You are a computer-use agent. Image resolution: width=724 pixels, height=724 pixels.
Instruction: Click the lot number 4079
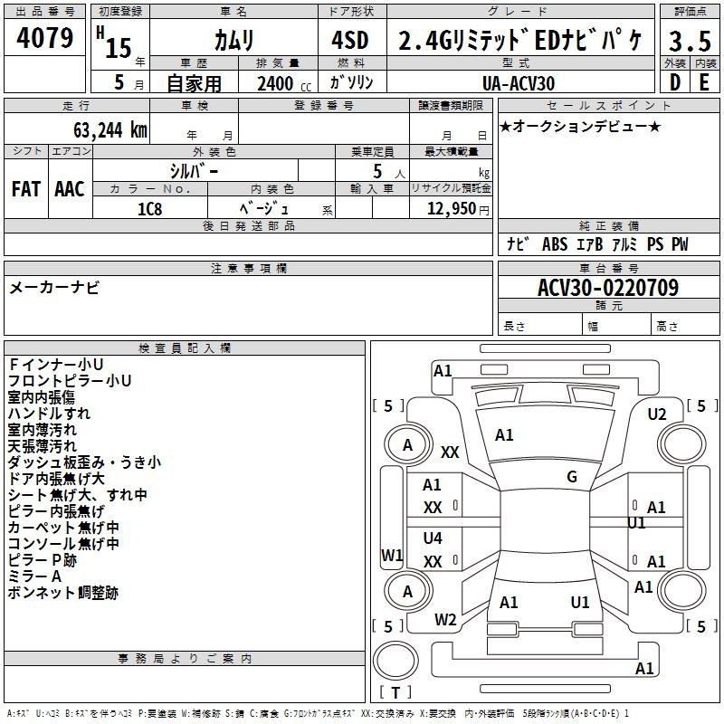[45, 39]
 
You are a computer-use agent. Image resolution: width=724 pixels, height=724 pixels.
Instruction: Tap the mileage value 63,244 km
[100, 129]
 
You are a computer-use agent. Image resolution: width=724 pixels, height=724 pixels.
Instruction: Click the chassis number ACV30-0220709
[608, 288]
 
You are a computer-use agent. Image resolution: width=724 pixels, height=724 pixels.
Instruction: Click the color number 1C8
[149, 208]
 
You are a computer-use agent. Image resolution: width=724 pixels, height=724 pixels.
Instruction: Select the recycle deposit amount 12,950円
[452, 208]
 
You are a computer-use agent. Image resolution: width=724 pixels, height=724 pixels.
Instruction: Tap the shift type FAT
[26, 189]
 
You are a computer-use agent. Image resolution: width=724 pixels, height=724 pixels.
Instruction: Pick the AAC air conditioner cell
[70, 189]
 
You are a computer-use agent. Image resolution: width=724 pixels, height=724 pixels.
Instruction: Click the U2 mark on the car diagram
[657, 414]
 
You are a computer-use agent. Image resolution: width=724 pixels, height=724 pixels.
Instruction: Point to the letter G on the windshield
[572, 477]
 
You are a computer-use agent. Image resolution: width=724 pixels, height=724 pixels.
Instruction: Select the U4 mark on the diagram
[433, 538]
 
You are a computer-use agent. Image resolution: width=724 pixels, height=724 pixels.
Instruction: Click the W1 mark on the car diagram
[392, 555]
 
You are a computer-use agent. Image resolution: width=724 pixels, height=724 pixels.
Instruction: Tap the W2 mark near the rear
[445, 620]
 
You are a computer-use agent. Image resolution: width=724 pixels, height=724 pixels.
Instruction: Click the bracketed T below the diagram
[395, 692]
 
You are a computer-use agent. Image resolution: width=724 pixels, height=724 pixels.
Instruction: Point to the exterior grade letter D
[674, 81]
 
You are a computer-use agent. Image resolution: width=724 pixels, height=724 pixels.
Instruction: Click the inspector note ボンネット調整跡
[62, 594]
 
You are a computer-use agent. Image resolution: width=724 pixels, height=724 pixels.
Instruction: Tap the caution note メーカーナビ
[54, 288]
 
